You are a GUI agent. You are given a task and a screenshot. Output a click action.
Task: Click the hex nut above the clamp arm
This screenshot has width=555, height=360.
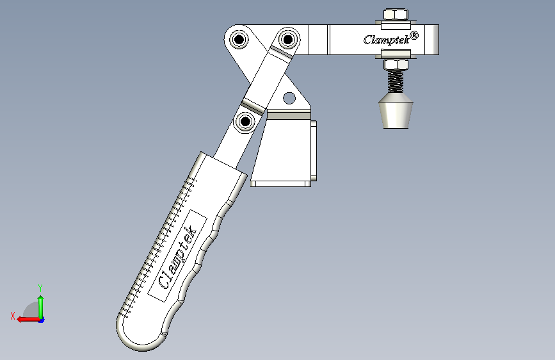pos(396,15)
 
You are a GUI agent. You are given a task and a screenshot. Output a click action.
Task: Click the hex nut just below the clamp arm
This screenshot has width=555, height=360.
pos(396,65)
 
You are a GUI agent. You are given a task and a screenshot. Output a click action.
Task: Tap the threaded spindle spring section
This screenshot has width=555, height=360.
pos(396,81)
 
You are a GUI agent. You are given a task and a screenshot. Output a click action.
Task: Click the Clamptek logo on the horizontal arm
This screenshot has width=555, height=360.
pos(387,40)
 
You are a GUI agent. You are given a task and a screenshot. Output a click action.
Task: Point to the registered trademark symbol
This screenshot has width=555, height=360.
pos(414,35)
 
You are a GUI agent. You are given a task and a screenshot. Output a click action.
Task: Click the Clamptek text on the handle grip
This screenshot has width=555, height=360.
pos(177,257)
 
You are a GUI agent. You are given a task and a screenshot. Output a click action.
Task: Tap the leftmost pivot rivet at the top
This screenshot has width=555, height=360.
pos(239,39)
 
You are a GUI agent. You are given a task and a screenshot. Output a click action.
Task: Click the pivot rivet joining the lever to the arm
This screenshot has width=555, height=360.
pos(288,39)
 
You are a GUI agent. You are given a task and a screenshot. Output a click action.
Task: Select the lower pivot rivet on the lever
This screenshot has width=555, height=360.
pos(245,122)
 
